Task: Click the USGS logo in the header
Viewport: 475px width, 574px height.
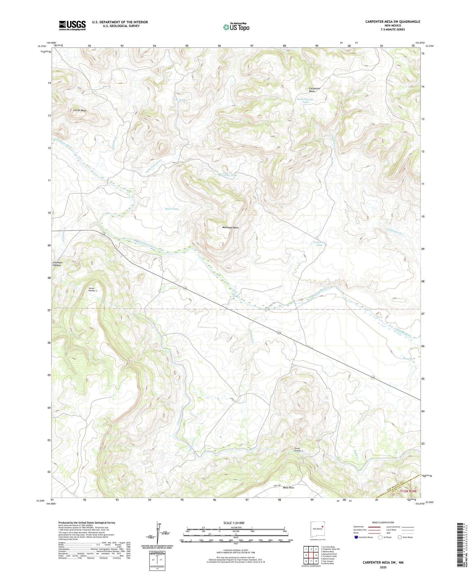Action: coord(72,25)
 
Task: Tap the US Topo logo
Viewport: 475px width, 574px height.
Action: coord(236,27)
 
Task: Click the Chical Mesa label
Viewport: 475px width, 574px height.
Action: coord(80,110)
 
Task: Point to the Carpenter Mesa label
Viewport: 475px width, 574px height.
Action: coord(315,90)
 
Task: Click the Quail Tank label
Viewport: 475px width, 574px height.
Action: coord(172,209)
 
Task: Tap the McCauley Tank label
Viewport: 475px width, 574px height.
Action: coord(227,175)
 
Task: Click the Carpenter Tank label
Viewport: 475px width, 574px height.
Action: coord(319,244)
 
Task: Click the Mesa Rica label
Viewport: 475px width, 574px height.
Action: coord(288,488)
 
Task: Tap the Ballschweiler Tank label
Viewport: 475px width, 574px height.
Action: coord(305,101)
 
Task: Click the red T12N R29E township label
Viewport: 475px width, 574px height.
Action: coord(408,491)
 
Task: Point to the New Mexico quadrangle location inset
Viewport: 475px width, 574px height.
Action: coord(318,529)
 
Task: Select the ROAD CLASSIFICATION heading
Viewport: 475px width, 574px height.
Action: coord(383,522)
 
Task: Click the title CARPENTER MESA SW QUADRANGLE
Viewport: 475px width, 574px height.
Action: coord(392,22)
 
